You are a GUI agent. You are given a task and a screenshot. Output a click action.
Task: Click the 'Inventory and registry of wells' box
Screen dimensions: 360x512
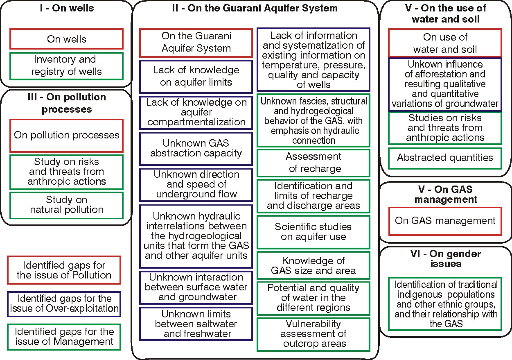click(x=66, y=66)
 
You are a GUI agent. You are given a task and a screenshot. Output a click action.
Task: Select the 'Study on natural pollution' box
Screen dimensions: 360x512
click(x=66, y=205)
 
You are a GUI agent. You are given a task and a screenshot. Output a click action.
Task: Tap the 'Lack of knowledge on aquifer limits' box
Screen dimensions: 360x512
click(x=196, y=76)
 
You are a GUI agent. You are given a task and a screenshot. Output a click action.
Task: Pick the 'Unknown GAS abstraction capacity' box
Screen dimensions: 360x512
click(x=196, y=148)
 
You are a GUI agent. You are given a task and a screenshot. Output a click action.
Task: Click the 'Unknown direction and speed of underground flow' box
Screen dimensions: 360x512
click(x=196, y=184)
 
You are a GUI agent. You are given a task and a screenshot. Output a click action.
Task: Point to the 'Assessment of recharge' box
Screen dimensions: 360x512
click(x=313, y=163)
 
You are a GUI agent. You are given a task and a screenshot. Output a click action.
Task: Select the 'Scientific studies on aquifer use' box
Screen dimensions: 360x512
click(x=313, y=232)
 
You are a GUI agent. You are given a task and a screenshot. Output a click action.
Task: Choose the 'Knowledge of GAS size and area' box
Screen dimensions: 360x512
click(x=313, y=266)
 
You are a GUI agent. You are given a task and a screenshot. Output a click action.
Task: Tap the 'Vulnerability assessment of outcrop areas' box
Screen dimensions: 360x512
click(x=313, y=334)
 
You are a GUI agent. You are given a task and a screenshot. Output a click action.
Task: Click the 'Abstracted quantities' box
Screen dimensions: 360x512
click(x=445, y=158)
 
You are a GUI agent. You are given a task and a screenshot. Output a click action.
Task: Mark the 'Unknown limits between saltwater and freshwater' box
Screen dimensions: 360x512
click(x=196, y=324)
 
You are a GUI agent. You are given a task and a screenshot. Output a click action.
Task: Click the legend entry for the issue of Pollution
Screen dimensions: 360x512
click(x=64, y=270)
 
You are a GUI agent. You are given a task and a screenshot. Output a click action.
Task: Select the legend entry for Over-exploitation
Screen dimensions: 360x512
click(x=64, y=303)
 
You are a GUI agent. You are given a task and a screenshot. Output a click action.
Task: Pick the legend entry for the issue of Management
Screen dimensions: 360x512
click(x=64, y=336)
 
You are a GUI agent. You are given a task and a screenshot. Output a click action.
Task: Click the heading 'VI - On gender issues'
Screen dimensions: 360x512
click(x=445, y=258)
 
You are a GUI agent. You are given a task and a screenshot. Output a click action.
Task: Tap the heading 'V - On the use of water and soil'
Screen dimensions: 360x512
click(x=445, y=13)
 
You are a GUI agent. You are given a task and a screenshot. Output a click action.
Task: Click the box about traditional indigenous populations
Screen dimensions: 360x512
click(x=445, y=303)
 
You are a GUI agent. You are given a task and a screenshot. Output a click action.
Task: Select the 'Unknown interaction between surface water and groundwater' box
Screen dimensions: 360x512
click(x=196, y=287)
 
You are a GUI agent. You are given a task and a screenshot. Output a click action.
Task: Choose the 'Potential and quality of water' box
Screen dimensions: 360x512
click(x=313, y=298)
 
